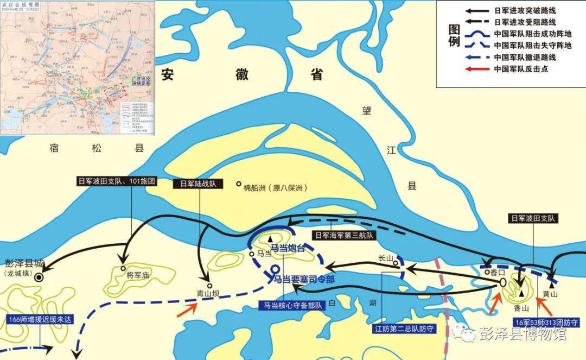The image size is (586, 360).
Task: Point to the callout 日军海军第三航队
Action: point(343,236)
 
